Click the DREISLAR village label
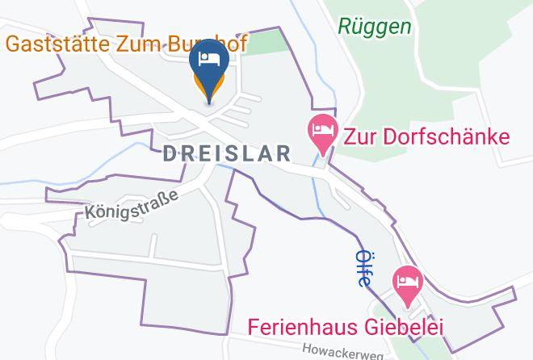pos(227,153)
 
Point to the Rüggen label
pos(375,27)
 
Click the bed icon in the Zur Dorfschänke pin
pos(323,128)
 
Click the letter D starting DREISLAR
pos(170,153)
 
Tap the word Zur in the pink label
pos(361,135)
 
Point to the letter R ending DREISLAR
pos(283,153)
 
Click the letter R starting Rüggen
pos(345,27)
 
